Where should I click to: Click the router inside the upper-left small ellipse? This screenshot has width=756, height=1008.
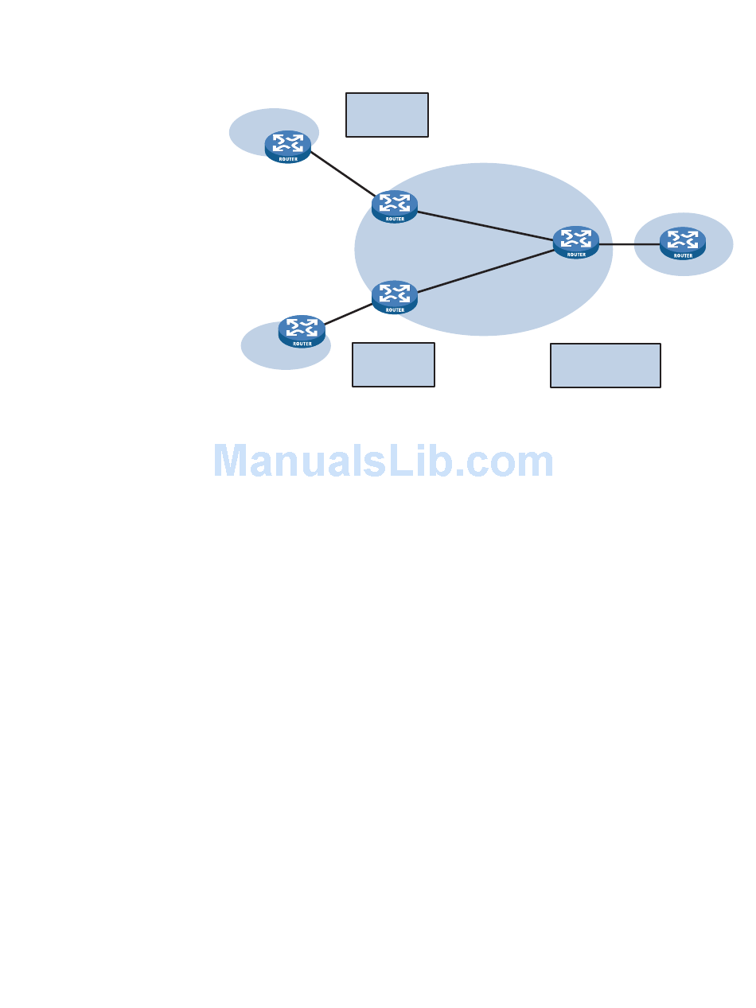(287, 146)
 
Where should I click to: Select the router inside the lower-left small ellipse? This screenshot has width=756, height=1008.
(302, 331)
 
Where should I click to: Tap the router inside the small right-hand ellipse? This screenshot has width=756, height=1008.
(683, 243)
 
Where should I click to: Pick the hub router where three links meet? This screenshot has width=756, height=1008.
(576, 242)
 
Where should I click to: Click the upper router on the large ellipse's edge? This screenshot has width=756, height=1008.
(395, 206)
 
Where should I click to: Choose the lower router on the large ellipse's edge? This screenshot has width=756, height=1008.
(395, 297)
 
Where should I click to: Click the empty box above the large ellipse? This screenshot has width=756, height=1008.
(387, 115)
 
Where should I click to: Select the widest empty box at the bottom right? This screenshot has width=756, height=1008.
(605, 365)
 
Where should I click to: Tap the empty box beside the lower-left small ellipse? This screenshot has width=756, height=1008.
(393, 364)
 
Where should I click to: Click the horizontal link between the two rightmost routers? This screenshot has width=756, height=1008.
(629, 244)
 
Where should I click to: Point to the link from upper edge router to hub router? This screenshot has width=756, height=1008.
(485, 225)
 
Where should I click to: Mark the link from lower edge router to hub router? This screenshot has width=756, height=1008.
(485, 271)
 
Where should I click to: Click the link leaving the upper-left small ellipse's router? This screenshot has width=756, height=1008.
(342, 174)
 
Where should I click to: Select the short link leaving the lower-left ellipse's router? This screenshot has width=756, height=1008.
(349, 314)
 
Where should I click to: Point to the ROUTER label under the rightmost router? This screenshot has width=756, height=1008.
(683, 255)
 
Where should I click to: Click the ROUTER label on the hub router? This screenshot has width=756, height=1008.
(576, 255)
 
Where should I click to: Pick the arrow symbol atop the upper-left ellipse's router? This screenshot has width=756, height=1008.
(287, 142)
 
